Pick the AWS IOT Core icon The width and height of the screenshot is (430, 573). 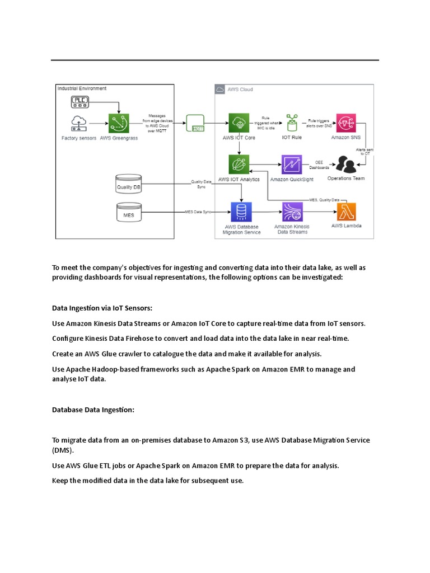[x=239, y=123]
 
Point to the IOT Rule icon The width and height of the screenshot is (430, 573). [x=291, y=122]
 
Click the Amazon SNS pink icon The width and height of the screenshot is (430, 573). [x=345, y=123]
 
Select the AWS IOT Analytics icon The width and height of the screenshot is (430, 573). [x=239, y=165]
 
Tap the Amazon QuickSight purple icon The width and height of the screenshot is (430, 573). [x=292, y=165]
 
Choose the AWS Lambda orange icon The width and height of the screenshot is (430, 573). [x=347, y=212]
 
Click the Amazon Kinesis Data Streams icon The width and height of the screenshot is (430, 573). [x=292, y=213]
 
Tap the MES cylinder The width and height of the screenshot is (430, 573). [x=129, y=213]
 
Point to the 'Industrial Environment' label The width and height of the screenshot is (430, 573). [x=82, y=88]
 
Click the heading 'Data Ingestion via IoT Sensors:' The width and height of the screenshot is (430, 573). [x=102, y=308]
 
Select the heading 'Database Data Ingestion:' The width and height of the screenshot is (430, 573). [x=93, y=410]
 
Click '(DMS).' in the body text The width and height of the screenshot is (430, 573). [x=63, y=450]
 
